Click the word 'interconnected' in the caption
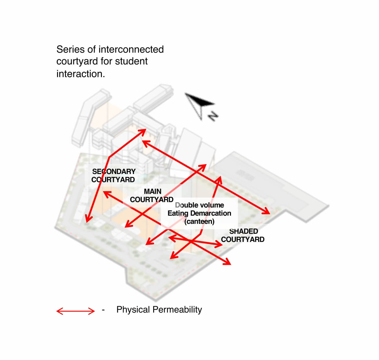(x=131, y=49)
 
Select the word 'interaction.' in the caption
(x=81, y=74)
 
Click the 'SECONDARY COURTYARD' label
(x=114, y=175)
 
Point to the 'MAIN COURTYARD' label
(x=152, y=195)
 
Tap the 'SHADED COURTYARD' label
(x=243, y=235)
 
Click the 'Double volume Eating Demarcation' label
(x=199, y=209)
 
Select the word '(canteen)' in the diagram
(x=199, y=222)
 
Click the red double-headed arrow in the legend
(x=75, y=311)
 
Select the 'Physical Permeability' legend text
(x=159, y=310)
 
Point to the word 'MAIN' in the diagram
(x=153, y=191)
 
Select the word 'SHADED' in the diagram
(x=244, y=231)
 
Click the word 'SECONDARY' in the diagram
(x=114, y=171)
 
